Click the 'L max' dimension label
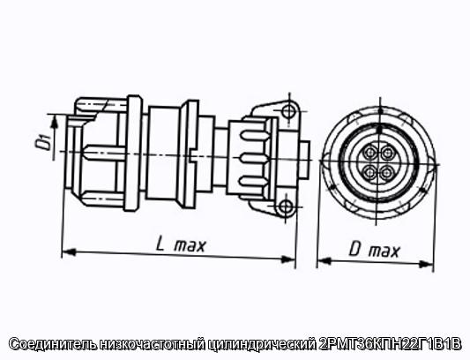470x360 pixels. coord(181,245)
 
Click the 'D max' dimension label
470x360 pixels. coord(374,250)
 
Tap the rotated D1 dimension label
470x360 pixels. coord(42,143)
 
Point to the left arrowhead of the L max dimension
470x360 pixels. coord(69,252)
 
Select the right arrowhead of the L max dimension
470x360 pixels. coord(287,259)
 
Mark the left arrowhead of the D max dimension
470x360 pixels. coord(324,261)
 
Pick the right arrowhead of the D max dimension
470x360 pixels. coord(426,265)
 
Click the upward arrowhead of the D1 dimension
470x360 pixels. coord(54,122)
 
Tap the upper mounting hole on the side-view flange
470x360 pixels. coord(288,111)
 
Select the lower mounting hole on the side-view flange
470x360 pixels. coord(285,206)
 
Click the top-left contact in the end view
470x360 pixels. coord(370,153)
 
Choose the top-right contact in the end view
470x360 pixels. coord(388,154)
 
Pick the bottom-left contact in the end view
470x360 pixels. coord(369,172)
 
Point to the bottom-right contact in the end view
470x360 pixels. coord(387,173)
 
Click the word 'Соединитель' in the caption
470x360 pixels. coord(53,344)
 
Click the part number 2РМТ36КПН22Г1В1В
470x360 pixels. coord(389,344)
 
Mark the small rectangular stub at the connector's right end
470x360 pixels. coord(304,161)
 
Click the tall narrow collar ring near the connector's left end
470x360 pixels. coord(133,154)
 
